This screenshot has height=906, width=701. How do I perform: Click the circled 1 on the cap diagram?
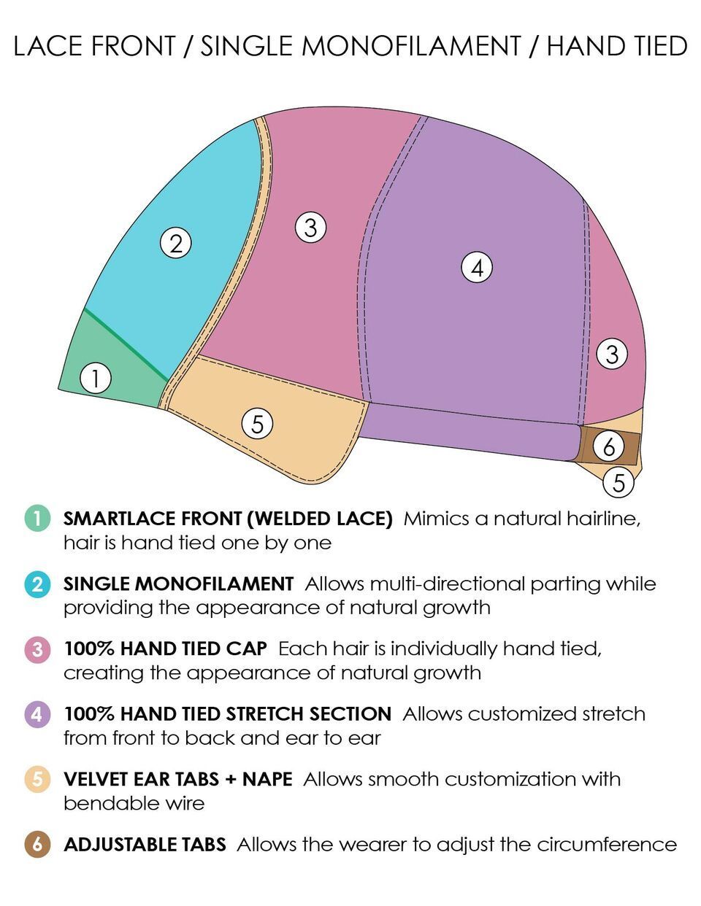[95, 379]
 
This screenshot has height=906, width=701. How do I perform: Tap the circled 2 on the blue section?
[175, 243]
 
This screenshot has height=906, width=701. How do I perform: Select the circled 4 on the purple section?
[477, 268]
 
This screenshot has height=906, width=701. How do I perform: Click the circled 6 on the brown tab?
[609, 446]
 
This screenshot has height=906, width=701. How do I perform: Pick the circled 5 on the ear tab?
[257, 423]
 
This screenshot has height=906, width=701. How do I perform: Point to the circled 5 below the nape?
[618, 482]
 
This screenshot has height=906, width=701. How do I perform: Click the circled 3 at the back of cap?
[612, 355]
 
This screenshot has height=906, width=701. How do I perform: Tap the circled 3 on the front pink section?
[310, 228]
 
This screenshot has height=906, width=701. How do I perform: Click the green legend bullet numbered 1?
[37, 519]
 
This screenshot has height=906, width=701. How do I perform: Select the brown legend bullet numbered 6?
[37, 845]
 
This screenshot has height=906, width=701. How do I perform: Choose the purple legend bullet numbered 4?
[37, 714]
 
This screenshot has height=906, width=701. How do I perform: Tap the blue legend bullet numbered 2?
[37, 584]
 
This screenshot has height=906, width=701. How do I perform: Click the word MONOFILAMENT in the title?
[411, 47]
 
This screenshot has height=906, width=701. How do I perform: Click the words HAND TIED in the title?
[617, 47]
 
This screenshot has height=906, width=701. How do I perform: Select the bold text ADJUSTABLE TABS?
[145, 845]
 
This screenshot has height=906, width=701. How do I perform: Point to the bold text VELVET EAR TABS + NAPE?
[177, 779]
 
